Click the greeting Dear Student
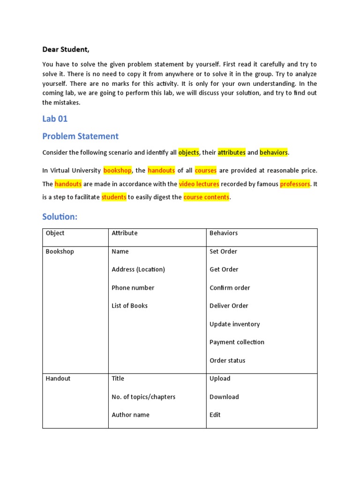coord(66,49)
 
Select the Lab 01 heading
coord(55,119)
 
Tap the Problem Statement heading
coord(80,136)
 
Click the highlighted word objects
coord(188,153)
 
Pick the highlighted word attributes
coord(232,153)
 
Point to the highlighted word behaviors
coord(274,153)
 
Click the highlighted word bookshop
coord(118,170)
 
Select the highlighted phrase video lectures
coord(199,184)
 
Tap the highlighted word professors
coord(295,184)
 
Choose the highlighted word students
coord(114,197)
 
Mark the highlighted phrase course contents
coord(206,197)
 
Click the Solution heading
coord(59,217)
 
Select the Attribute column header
coord(125,233)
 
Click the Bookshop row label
coord(60,251)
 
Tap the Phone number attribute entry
coord(133,288)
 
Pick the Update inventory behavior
coord(234,324)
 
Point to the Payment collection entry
coord(237,342)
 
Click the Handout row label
coord(58,378)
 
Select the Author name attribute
coord(130,415)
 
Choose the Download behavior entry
coord(224,397)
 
